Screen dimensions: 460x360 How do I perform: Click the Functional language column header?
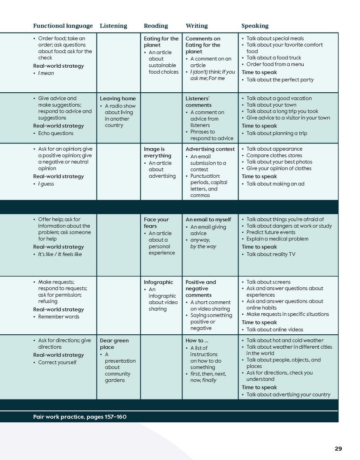63,26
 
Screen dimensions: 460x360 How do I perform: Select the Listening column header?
113,26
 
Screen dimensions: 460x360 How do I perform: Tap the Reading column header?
156,26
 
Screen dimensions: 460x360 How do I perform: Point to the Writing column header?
197,26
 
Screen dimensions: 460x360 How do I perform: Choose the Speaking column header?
255,26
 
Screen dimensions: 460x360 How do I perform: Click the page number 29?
338,449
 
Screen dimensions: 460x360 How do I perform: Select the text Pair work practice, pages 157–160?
80,417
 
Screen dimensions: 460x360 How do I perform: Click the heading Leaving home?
118,99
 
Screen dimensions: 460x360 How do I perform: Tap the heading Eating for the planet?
161,41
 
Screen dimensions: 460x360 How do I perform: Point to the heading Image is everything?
158,152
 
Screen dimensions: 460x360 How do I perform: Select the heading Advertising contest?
210,149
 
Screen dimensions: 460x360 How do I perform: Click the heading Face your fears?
156,223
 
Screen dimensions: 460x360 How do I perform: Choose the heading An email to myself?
208,219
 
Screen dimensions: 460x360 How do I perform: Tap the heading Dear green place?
114,344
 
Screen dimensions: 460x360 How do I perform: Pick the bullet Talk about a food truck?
274,58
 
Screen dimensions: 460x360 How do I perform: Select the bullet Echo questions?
55,133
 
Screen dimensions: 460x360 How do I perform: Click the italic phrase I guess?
46,184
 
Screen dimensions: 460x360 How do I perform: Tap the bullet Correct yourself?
57,363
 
